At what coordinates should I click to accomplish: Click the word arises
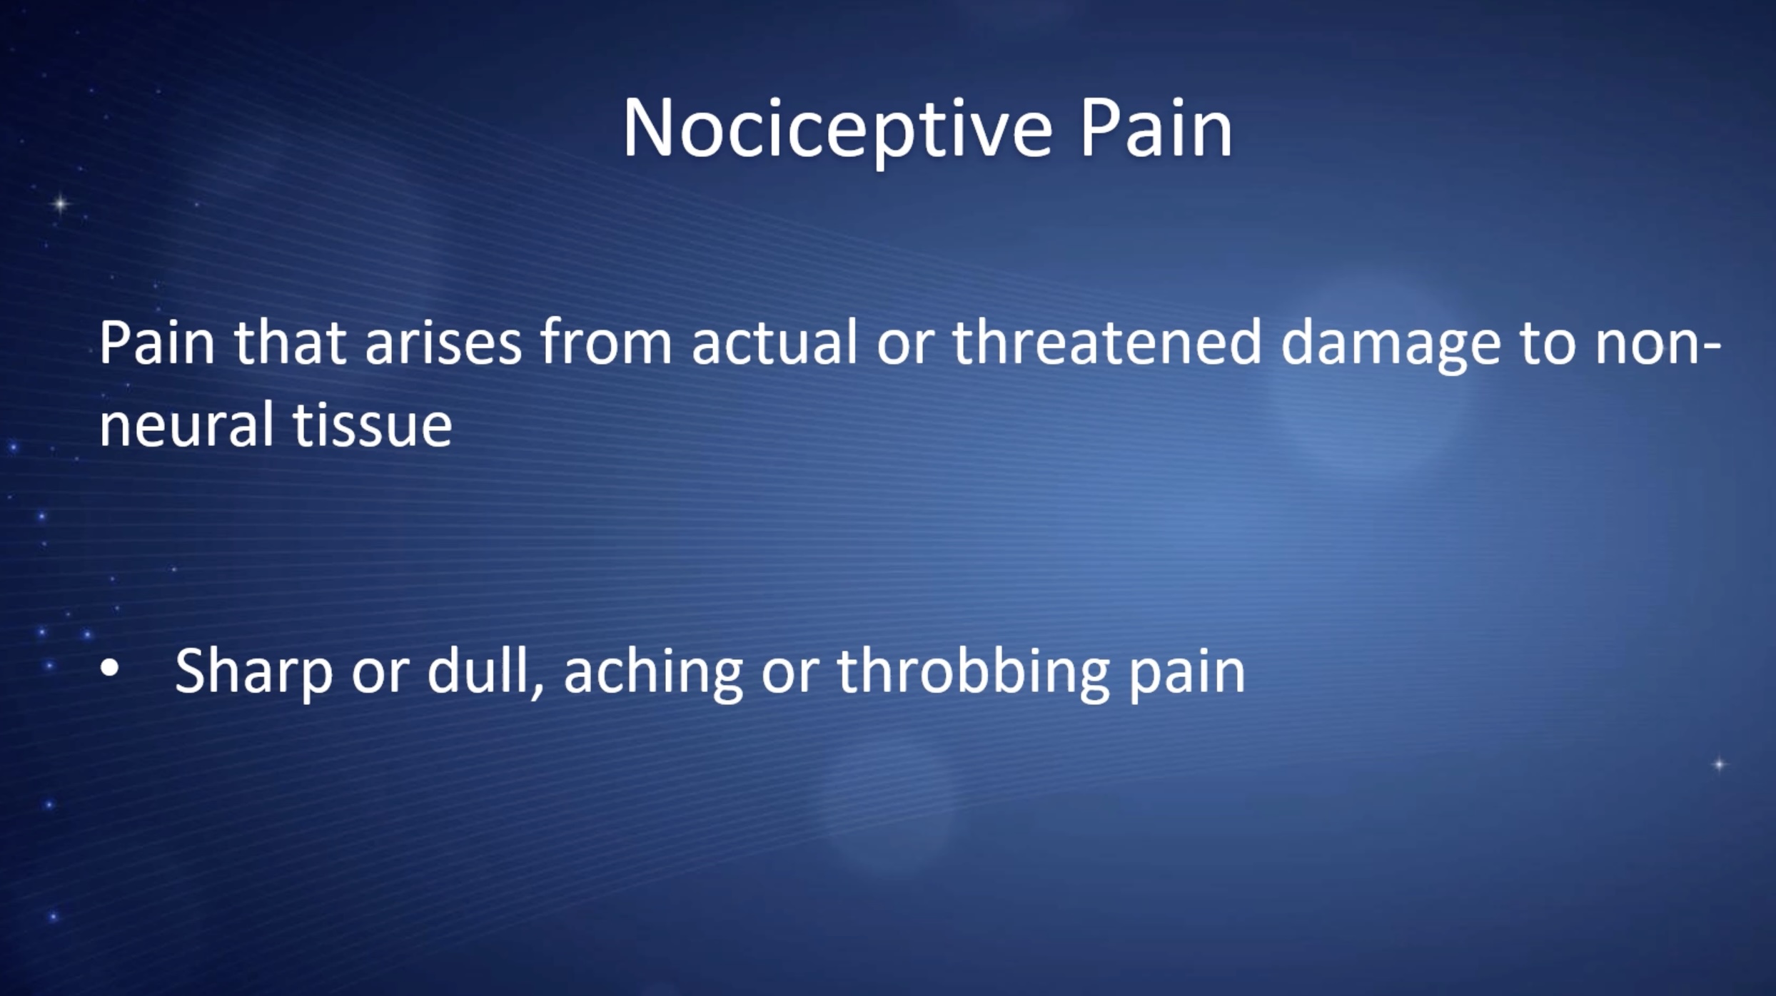443,343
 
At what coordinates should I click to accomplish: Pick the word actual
775,343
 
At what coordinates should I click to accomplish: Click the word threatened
1107,343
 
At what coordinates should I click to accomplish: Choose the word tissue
373,425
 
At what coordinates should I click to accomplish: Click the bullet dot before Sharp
109,670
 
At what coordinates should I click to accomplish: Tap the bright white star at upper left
61,204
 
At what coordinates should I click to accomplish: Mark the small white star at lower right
1720,764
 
